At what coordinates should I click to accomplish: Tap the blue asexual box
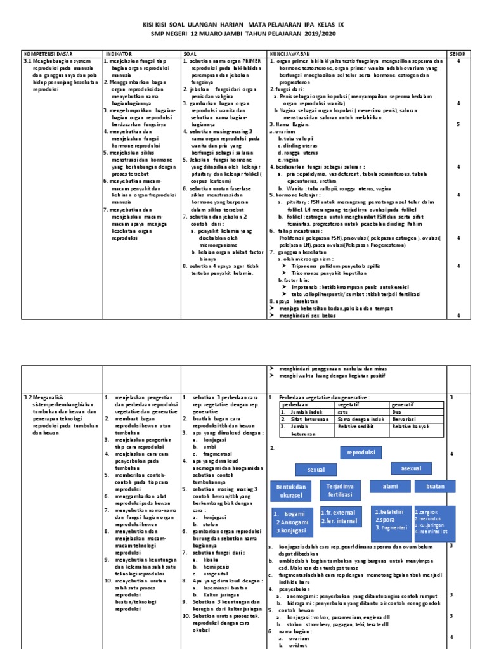(410, 468)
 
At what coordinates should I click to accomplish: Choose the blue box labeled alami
(386, 486)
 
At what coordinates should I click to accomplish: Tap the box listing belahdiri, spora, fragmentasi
(391, 518)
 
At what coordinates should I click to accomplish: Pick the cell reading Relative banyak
(411, 427)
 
